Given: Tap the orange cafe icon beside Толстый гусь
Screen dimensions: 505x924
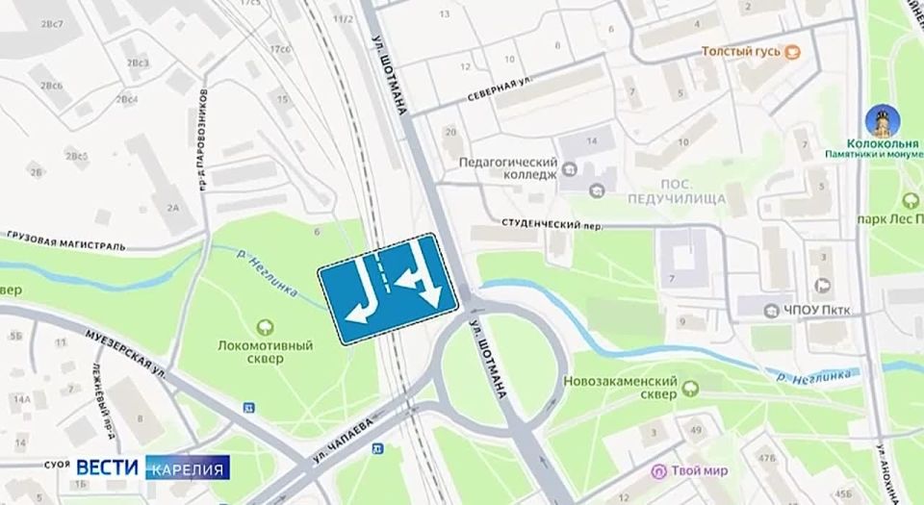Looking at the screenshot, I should pyautogui.click(x=793, y=50).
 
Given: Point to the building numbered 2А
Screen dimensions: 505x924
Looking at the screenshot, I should pyautogui.click(x=174, y=205).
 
